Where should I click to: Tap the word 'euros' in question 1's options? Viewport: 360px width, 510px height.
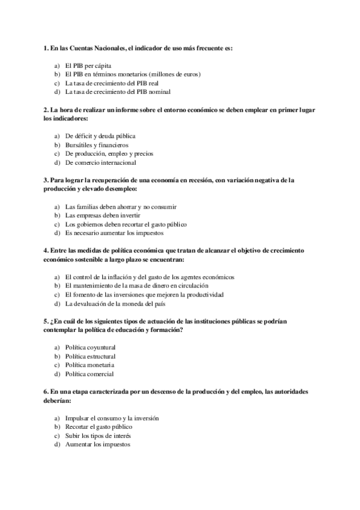coord(189,74)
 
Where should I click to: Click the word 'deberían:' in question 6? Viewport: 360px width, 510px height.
coord(58,400)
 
